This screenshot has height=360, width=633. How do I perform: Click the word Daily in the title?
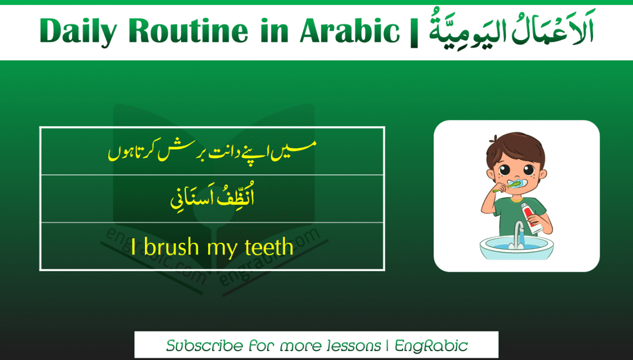pos(77,32)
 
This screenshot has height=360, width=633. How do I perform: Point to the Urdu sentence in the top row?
pos(212,151)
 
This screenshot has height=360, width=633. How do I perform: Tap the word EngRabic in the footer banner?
pos(431,346)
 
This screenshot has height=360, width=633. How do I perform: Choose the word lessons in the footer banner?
pos(353,346)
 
